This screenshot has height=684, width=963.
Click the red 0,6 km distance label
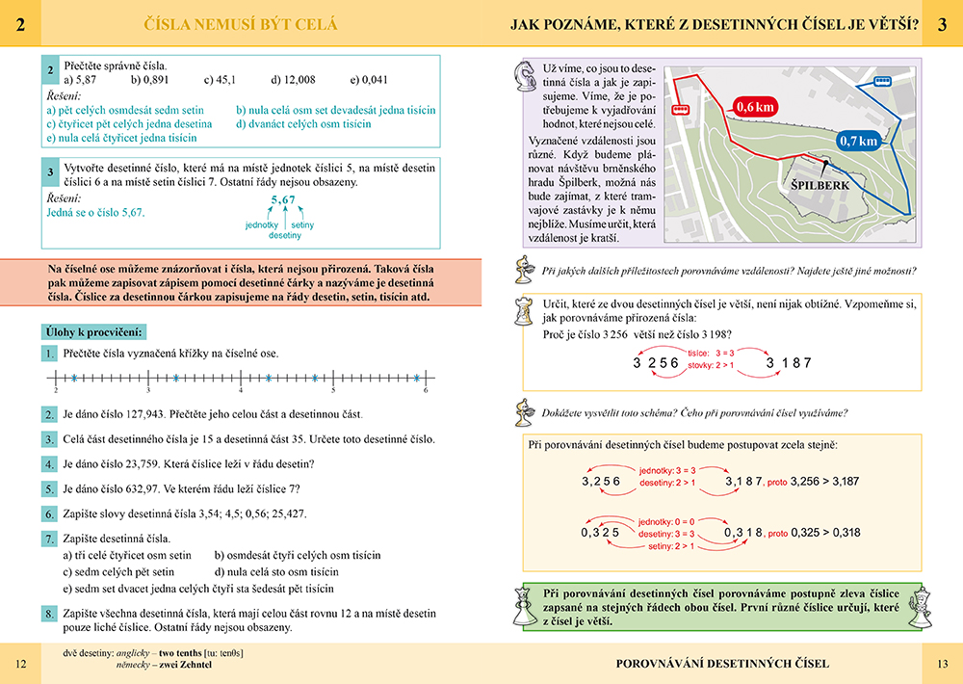pos(754,107)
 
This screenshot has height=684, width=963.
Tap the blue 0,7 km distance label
pos(858,141)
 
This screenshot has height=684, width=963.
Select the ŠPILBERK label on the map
pos(819,184)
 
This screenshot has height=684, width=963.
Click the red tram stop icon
pos(679,109)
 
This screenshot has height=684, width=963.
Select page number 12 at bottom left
pos(21,663)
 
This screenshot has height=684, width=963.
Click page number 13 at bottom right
pos(942,663)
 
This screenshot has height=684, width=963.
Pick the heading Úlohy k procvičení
pos(95,332)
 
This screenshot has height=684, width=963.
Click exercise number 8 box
pos(50,613)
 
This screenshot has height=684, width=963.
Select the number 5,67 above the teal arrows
pos(282,200)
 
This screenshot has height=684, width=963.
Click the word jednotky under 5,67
pos(262,224)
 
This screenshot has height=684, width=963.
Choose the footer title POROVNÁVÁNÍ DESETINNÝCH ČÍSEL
pos(722,663)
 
